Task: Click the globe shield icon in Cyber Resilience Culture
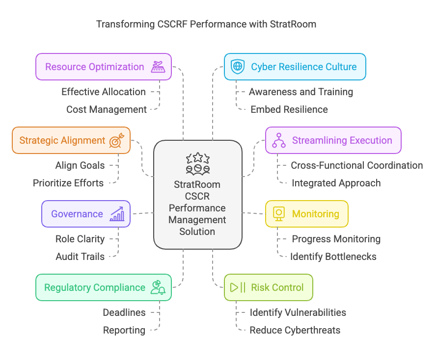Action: pyautogui.click(x=238, y=67)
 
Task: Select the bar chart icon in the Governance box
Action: pyautogui.click(x=117, y=214)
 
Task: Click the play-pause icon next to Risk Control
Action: pyautogui.click(x=238, y=287)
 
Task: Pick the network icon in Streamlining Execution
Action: pyautogui.click(x=279, y=140)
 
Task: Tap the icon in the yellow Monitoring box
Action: pyautogui.click(x=279, y=214)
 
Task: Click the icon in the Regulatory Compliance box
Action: pyautogui.click(x=158, y=287)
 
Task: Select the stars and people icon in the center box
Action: pyautogui.click(x=197, y=163)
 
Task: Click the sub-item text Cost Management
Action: pyautogui.click(x=107, y=109)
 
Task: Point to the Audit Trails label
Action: pyautogui.click(x=80, y=257)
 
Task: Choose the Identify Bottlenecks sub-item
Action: pyautogui.click(x=333, y=257)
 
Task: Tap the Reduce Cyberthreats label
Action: pyautogui.click(x=295, y=330)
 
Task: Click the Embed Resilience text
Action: pyautogui.click(x=289, y=109)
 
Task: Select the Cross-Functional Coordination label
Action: pyautogui.click(x=357, y=165)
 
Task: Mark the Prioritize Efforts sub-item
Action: pyautogui.click(x=68, y=183)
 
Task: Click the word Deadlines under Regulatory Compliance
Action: pyautogui.click(x=124, y=312)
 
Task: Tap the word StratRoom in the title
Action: pyautogui.click(x=294, y=24)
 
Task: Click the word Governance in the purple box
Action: pyautogui.click(x=77, y=214)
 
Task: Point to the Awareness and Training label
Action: pyautogui.click(x=301, y=92)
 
